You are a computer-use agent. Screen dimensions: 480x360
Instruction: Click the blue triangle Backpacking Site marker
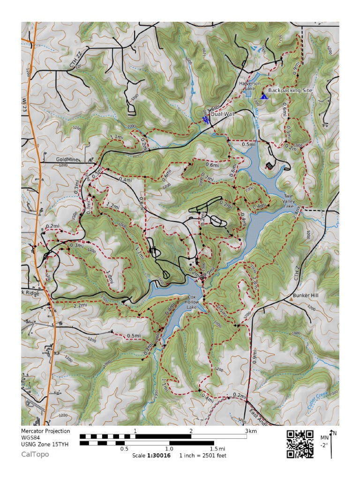pyautogui.click(x=264, y=97)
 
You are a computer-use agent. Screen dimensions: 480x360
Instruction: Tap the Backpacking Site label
pyautogui.click(x=290, y=90)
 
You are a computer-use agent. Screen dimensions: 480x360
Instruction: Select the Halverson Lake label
pyautogui.click(x=247, y=85)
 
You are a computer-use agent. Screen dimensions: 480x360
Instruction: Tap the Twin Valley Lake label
pyautogui.click(x=288, y=201)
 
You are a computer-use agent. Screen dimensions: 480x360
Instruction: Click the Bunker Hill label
pyautogui.click(x=305, y=296)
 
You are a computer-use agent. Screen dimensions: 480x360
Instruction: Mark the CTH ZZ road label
pyautogui.click(x=76, y=61)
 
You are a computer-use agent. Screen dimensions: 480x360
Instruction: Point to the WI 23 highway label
pyautogui.click(x=25, y=103)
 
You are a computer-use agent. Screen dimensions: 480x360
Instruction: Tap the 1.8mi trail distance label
pyautogui.click(x=110, y=276)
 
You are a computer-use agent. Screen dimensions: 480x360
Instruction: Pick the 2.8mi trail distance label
pyautogui.click(x=255, y=283)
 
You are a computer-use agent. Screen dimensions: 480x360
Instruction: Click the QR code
pyautogui.click(x=300, y=443)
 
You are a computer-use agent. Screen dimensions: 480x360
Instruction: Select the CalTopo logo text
pyautogui.click(x=35, y=454)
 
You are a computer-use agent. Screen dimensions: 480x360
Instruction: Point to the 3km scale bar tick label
pyautogui.click(x=249, y=430)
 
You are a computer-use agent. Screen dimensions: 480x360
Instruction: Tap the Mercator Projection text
pyautogui.click(x=45, y=431)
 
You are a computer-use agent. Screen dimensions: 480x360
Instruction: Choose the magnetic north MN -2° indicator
pyautogui.click(x=328, y=442)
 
